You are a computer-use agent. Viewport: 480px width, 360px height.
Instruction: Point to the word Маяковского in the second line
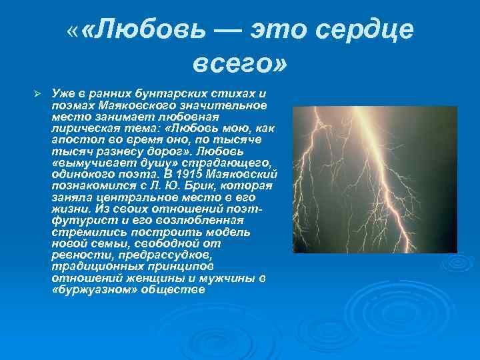[127, 105]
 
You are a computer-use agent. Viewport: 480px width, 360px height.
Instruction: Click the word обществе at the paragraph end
[170, 290]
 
